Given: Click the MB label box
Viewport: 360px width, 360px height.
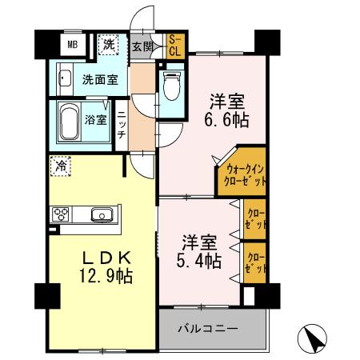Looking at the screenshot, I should tap(72, 45).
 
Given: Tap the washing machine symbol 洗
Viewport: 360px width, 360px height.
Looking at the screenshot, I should tap(108, 45).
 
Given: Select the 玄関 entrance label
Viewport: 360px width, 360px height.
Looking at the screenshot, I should tap(142, 46).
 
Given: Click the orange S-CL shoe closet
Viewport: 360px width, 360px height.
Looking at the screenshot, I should tap(174, 46).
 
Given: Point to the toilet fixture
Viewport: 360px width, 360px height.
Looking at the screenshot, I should tap(171, 86).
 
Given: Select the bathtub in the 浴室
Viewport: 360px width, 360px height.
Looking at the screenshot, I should tap(74, 120).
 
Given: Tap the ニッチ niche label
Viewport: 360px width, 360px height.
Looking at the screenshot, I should tap(121, 125).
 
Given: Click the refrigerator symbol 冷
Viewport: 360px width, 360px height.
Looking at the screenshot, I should tap(62, 166).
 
